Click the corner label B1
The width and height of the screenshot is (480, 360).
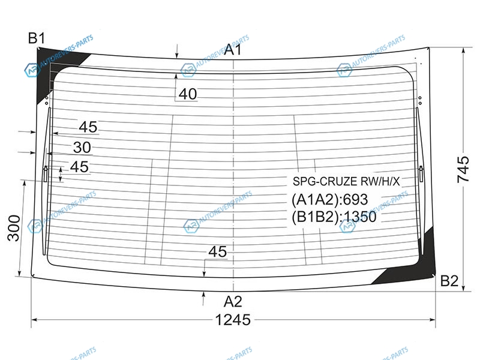[x=37, y=38]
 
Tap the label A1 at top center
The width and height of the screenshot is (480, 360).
[x=233, y=49]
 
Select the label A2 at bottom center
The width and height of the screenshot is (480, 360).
[x=233, y=302]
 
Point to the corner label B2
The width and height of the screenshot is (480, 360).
[x=449, y=281]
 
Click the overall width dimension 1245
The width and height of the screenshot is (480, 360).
[x=233, y=320]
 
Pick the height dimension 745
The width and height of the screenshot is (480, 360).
[x=463, y=169]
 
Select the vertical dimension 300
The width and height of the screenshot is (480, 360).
[x=14, y=228]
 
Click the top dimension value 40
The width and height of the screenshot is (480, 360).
[x=188, y=94]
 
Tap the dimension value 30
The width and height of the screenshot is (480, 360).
[x=82, y=148]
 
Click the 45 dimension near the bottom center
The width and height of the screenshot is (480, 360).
[x=218, y=251]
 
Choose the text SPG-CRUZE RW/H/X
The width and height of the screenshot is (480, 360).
[x=346, y=181]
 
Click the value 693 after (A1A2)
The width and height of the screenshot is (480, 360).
[x=355, y=200]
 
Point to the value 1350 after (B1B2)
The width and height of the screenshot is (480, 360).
[x=360, y=217]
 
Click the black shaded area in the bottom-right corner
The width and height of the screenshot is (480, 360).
[x=413, y=263]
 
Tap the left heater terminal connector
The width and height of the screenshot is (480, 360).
[x=46, y=173]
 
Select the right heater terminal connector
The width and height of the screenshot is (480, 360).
[x=421, y=173]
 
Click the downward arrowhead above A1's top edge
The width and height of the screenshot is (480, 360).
[x=176, y=55]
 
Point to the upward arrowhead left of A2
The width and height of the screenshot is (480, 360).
[x=203, y=295]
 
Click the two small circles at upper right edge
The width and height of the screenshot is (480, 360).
[x=419, y=100]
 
